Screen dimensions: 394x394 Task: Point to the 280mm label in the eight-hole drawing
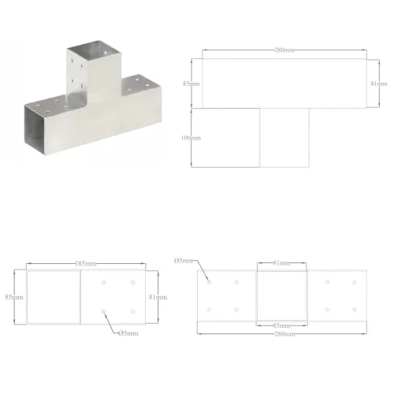coord(283,335)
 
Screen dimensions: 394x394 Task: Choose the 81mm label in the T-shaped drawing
coord(378,82)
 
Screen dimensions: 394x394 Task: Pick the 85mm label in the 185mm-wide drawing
coord(13,297)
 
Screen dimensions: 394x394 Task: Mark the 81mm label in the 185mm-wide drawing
coord(156,297)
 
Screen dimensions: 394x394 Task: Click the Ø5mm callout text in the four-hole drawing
coord(128,333)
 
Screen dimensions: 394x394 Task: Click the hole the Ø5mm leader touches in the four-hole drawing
coord(103,313)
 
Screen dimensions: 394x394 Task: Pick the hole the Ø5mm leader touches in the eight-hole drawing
coord(210,281)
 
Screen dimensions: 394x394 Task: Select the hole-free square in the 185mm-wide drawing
coord(53,295)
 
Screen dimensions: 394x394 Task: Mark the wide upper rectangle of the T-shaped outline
coord(283,83)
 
